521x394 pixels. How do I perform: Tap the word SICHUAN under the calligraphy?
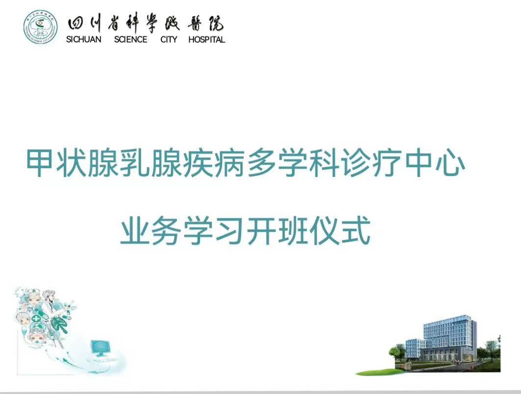[x=84, y=40]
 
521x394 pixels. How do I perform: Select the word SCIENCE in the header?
[x=130, y=40]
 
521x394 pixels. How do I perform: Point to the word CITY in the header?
[x=169, y=40]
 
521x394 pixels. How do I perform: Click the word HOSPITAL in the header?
[x=207, y=40]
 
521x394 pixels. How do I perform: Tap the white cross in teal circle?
[x=36, y=319]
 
